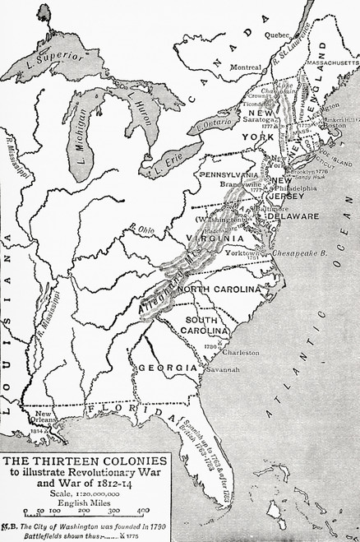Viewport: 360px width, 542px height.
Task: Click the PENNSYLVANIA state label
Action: click(225, 174)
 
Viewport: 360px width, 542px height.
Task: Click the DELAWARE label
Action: click(290, 215)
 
